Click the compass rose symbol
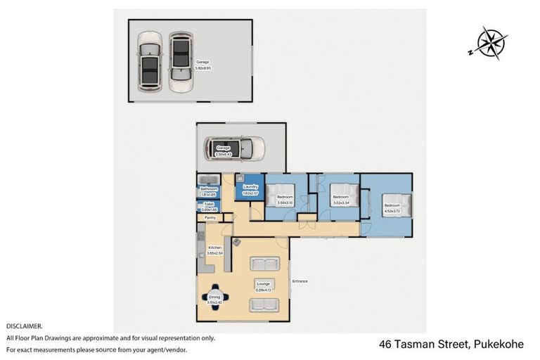[x=490, y=43]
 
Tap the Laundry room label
[x=251, y=186]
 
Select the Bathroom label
[x=209, y=189]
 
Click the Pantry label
[x=210, y=218]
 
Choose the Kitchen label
[x=215, y=247]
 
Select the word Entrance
[x=300, y=281]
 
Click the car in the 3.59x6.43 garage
[x=234, y=148]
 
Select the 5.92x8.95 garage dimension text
[x=203, y=68]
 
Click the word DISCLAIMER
[x=25, y=326]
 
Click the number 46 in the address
[x=385, y=345]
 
